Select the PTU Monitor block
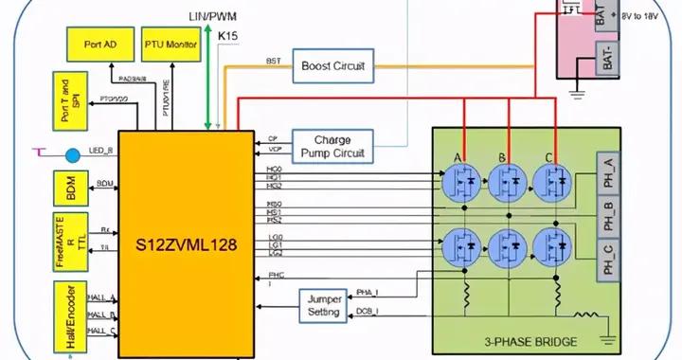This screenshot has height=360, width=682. (170, 45)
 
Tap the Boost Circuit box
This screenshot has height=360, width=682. (332, 65)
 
